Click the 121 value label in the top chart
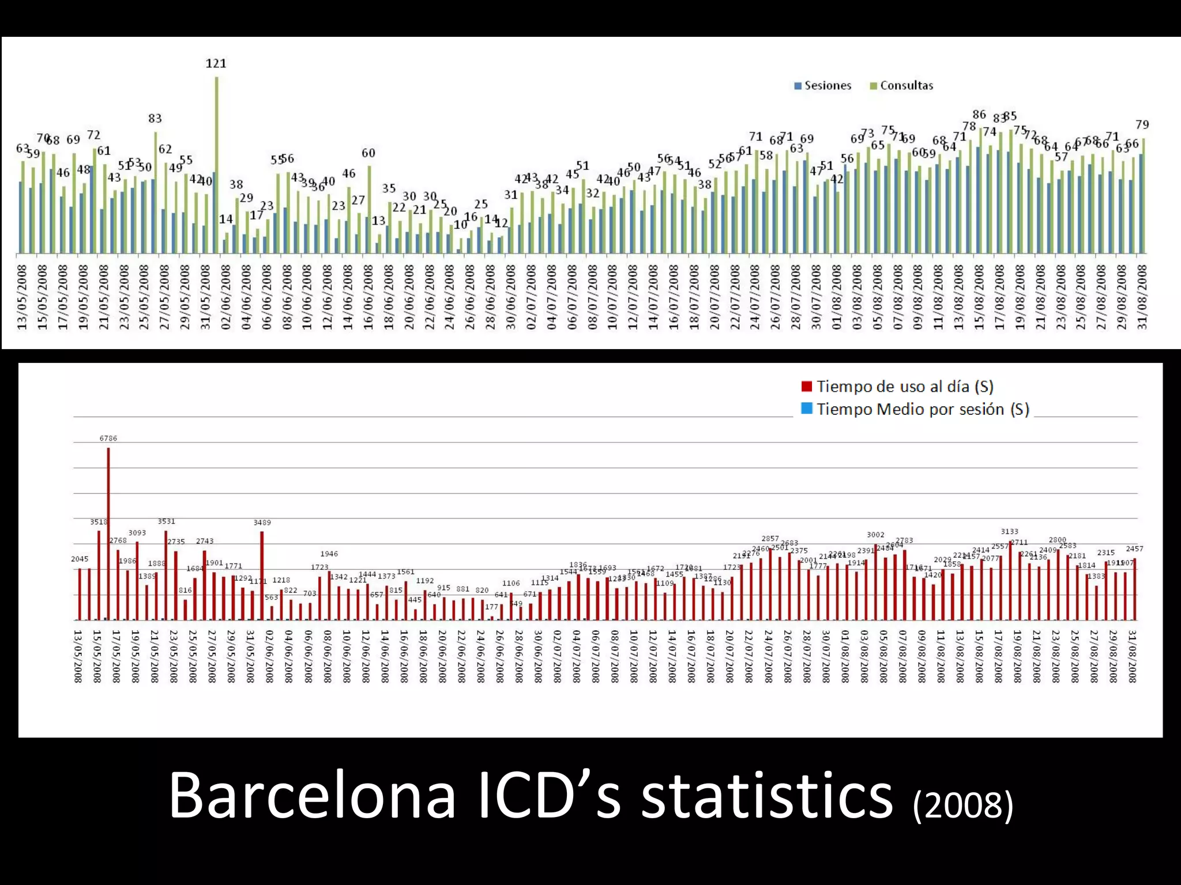point(216,63)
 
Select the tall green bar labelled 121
point(217,167)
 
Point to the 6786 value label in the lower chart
point(108,438)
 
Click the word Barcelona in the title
point(312,796)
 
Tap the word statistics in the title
point(767,796)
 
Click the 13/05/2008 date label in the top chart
point(22,297)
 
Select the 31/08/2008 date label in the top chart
point(1142,297)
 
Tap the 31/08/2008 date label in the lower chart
point(1132,656)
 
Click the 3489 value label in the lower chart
point(262,523)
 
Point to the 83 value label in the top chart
point(155,119)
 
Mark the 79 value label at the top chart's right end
point(1142,125)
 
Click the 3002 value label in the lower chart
point(875,535)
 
